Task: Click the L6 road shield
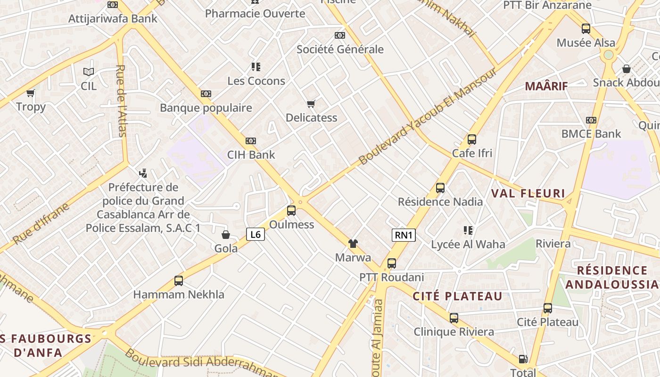click(255, 234)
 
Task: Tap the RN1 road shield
click(404, 235)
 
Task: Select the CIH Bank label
click(251, 155)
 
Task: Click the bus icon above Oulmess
click(291, 211)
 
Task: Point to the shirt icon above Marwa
click(353, 244)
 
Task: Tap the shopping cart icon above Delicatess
click(311, 104)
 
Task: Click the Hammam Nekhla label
click(179, 295)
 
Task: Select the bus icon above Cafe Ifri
click(471, 139)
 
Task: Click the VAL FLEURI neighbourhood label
click(528, 193)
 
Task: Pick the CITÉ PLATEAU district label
click(458, 296)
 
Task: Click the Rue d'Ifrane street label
click(41, 223)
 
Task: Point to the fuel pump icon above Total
click(523, 359)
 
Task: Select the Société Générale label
click(340, 49)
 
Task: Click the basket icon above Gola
click(226, 234)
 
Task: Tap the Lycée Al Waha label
click(468, 244)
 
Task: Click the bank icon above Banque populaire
click(206, 94)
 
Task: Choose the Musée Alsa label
click(586, 42)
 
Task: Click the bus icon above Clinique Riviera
click(454, 318)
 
